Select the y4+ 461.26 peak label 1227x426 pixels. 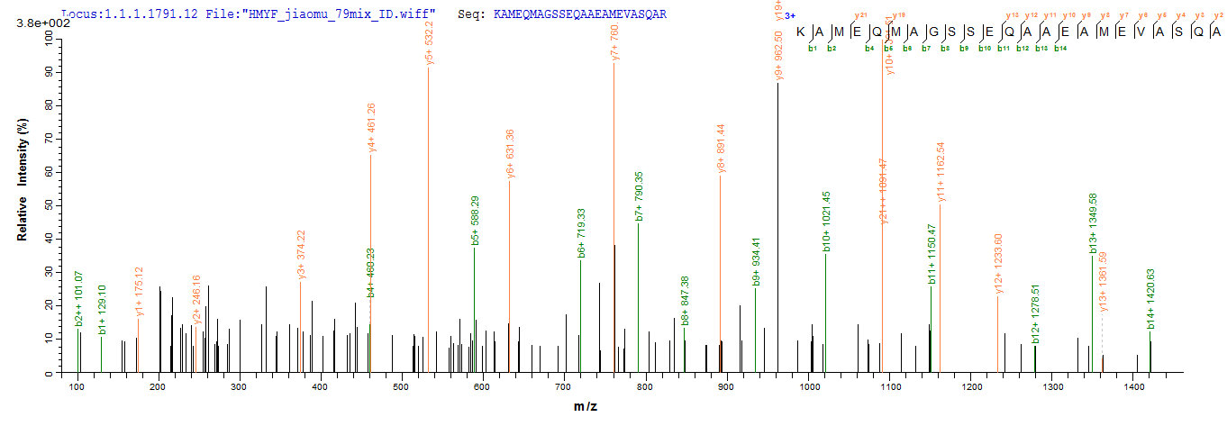[371, 127]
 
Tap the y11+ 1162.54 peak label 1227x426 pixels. [941, 171]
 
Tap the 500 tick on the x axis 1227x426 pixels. [402, 386]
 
